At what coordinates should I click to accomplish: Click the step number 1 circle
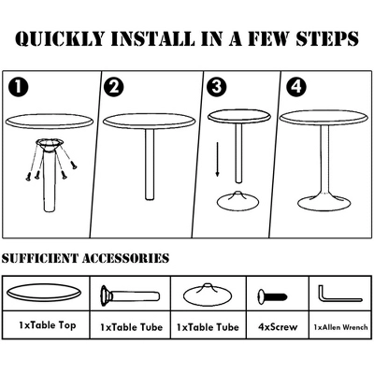pyautogui.click(x=19, y=86)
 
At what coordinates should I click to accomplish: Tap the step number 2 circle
pyautogui.click(x=114, y=86)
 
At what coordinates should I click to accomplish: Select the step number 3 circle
pyautogui.click(x=217, y=86)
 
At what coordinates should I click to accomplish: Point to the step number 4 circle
pyautogui.click(x=296, y=86)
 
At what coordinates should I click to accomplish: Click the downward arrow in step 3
pyautogui.click(x=217, y=160)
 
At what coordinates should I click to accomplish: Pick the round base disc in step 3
pyautogui.click(x=237, y=201)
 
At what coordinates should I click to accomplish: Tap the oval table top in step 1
pyautogui.click(x=50, y=121)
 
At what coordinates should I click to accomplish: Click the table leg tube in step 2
pyautogui.click(x=150, y=165)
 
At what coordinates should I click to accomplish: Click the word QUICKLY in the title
pyautogui.click(x=60, y=39)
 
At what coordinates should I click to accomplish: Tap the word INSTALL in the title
pyautogui.click(x=154, y=39)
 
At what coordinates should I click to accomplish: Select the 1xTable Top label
pyautogui.click(x=47, y=325)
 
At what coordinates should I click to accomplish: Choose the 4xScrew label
pyautogui.click(x=278, y=327)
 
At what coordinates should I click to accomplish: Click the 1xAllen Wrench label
pyautogui.click(x=340, y=327)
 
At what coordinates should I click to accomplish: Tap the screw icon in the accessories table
pyautogui.click(x=272, y=296)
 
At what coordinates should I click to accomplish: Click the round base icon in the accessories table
pyautogui.click(x=208, y=295)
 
